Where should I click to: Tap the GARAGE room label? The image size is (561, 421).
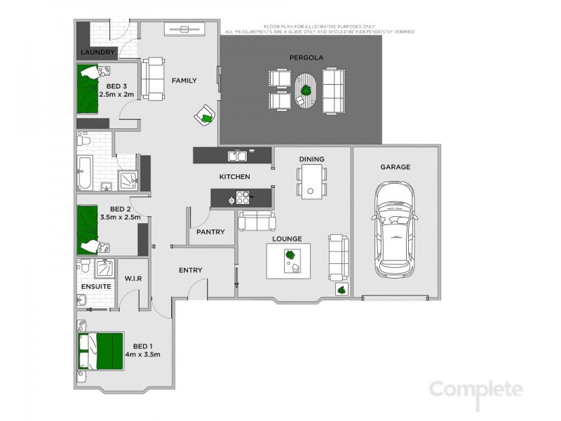(395, 167)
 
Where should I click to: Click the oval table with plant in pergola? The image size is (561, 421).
(306, 92)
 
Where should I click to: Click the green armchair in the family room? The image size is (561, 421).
(205, 116)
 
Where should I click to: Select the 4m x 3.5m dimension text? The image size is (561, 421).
(142, 355)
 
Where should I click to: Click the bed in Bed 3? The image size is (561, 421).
(90, 90)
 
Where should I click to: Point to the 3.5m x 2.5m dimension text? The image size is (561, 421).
(120, 218)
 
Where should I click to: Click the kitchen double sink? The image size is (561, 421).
(235, 155)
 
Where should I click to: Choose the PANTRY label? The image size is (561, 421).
(210, 232)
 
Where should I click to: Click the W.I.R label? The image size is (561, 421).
(133, 279)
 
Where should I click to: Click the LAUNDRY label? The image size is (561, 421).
(97, 53)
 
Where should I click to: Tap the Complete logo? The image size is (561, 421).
(476, 389)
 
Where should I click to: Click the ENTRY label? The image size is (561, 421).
(190, 270)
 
